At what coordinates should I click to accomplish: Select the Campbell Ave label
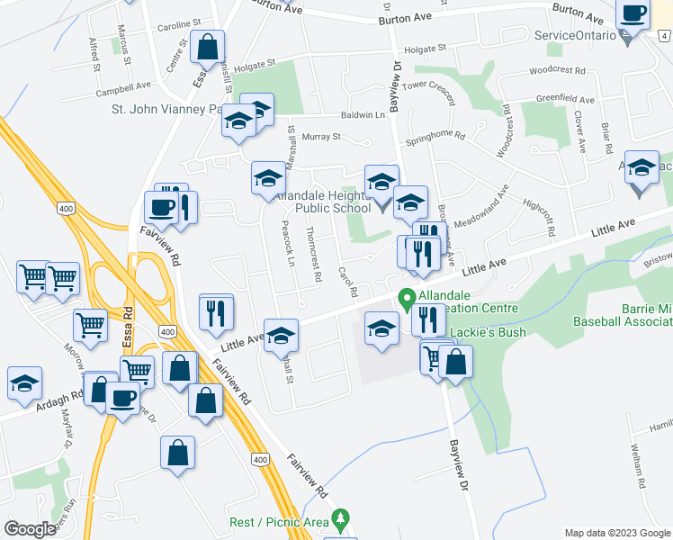[124, 88]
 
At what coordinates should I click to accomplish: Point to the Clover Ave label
[580, 131]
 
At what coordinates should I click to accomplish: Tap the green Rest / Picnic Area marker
[339, 519]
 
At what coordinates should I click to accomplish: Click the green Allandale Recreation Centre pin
[406, 297]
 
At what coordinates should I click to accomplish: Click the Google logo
[31, 529]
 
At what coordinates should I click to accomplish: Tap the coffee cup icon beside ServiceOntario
[633, 13]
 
